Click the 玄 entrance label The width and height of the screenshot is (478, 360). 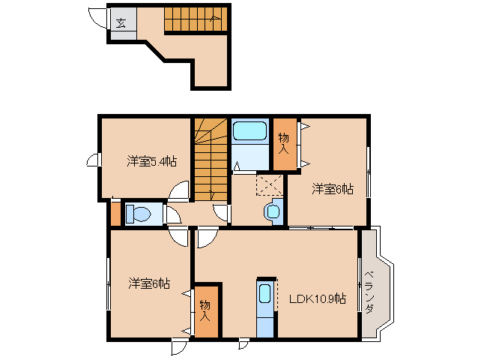121,23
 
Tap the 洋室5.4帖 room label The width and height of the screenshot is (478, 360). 152,161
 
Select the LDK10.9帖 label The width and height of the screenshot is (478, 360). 318,298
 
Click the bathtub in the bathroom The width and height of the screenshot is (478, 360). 249,131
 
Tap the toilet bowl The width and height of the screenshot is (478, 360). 139,214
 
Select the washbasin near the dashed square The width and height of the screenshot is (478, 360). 273,211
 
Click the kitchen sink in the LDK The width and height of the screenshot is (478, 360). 264,293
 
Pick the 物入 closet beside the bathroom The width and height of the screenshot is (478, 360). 285,144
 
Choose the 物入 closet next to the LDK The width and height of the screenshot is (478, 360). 206,311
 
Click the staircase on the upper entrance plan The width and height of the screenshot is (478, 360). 196,19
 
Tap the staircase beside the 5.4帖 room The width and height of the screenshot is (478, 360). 211,160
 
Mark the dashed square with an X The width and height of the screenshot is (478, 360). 270,185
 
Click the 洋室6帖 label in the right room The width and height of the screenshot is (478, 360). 333,189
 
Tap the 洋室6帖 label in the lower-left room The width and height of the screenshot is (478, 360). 149,283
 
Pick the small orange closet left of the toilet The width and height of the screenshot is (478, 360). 115,214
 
